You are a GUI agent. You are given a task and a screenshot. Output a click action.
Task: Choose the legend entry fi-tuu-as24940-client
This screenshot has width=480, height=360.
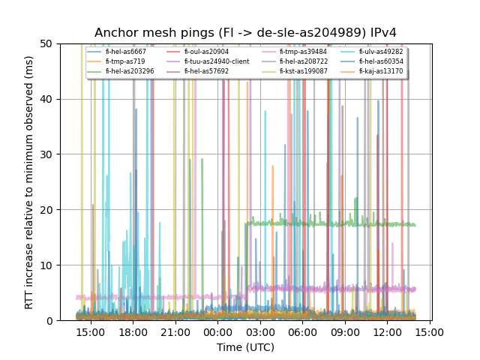click(x=216, y=61)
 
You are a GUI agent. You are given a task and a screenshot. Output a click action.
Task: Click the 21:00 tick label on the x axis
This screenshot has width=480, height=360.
click(x=175, y=332)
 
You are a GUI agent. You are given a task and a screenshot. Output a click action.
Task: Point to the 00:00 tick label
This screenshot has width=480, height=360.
click(x=217, y=332)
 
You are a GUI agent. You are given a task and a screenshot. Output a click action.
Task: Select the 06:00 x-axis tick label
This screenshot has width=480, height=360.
click(x=302, y=332)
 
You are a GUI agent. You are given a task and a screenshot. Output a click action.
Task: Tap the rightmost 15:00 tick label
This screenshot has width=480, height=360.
click(x=429, y=332)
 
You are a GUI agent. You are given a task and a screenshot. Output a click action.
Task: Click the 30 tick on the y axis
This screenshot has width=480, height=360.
click(x=47, y=154)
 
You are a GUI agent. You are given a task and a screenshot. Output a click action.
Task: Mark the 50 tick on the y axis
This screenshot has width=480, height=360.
click(x=47, y=43)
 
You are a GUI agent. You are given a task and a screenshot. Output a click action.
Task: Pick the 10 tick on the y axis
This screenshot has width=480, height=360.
click(x=47, y=265)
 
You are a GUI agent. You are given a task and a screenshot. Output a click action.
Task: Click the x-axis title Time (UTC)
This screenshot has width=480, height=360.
click(x=245, y=347)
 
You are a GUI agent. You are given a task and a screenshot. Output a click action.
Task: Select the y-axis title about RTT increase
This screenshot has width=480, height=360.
click(x=29, y=182)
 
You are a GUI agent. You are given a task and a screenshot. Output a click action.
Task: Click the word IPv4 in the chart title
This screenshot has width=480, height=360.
click(x=381, y=33)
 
